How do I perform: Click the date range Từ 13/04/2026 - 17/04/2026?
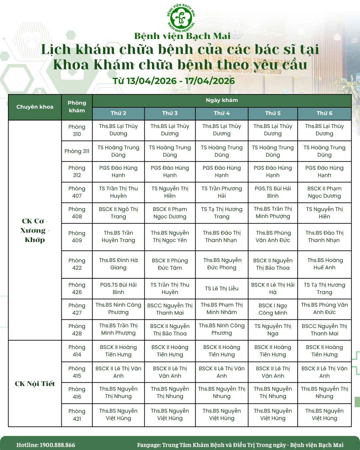point(174,81)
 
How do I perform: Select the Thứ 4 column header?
point(222,113)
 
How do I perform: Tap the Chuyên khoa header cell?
point(35,107)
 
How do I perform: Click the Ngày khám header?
point(222,100)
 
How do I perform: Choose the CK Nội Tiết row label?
point(35,383)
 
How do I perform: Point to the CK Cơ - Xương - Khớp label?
point(35,230)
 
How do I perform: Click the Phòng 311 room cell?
point(77,151)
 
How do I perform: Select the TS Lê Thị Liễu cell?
point(222,288)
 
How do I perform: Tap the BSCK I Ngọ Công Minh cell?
point(273,309)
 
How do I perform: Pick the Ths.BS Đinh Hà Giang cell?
point(118,264)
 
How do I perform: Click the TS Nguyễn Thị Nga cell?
point(273,330)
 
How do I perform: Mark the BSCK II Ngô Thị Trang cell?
point(118,213)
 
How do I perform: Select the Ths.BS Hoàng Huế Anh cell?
point(324,264)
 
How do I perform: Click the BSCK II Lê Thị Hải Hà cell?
point(273,288)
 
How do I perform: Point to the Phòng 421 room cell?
point(77,415)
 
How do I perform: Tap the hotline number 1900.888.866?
point(57,445)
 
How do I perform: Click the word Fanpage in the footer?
point(149,445)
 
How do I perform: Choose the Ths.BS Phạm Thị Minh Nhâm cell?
point(222,309)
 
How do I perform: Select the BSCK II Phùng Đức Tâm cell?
point(170,264)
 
